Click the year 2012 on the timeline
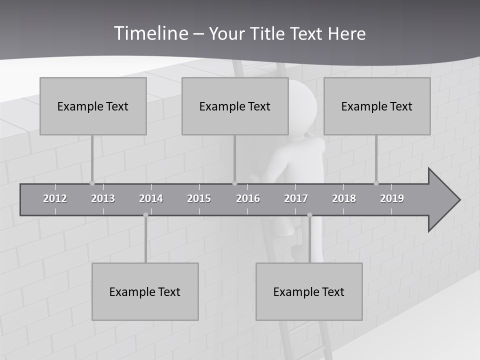click(x=55, y=198)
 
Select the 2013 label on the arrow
click(x=103, y=198)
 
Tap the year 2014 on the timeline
click(x=151, y=198)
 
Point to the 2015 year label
click(x=199, y=198)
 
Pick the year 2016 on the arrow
click(x=248, y=198)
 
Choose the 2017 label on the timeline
click(x=296, y=198)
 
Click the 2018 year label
click(x=344, y=198)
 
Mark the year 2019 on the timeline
click(x=392, y=198)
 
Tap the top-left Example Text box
click(x=93, y=106)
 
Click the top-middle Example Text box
click(x=235, y=106)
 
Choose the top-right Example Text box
click(x=377, y=106)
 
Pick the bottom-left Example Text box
click(x=145, y=291)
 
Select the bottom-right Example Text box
click(x=309, y=291)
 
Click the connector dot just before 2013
click(x=92, y=183)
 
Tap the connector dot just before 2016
click(x=235, y=183)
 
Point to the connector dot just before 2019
click(x=376, y=183)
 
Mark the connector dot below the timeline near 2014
click(x=145, y=215)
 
